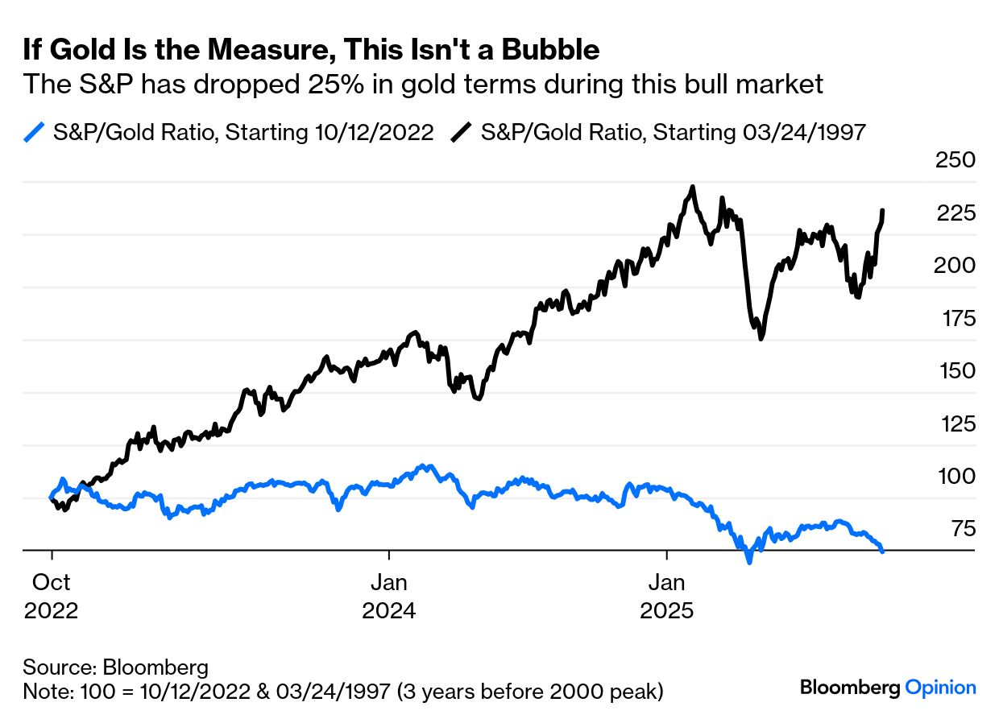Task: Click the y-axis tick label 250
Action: (x=955, y=160)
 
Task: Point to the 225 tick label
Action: (x=955, y=213)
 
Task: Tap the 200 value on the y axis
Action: (x=955, y=266)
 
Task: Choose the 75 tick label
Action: (x=962, y=529)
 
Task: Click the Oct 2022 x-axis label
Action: (x=52, y=597)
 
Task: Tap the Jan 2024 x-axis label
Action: (x=389, y=597)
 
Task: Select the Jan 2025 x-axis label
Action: (x=666, y=597)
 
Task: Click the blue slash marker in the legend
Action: (x=33, y=132)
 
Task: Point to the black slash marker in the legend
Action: (x=461, y=132)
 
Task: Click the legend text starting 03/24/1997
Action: (x=674, y=132)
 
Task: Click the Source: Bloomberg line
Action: (x=115, y=667)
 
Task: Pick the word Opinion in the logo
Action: (x=940, y=688)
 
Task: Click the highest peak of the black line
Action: (x=692, y=187)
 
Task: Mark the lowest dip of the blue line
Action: (x=749, y=561)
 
